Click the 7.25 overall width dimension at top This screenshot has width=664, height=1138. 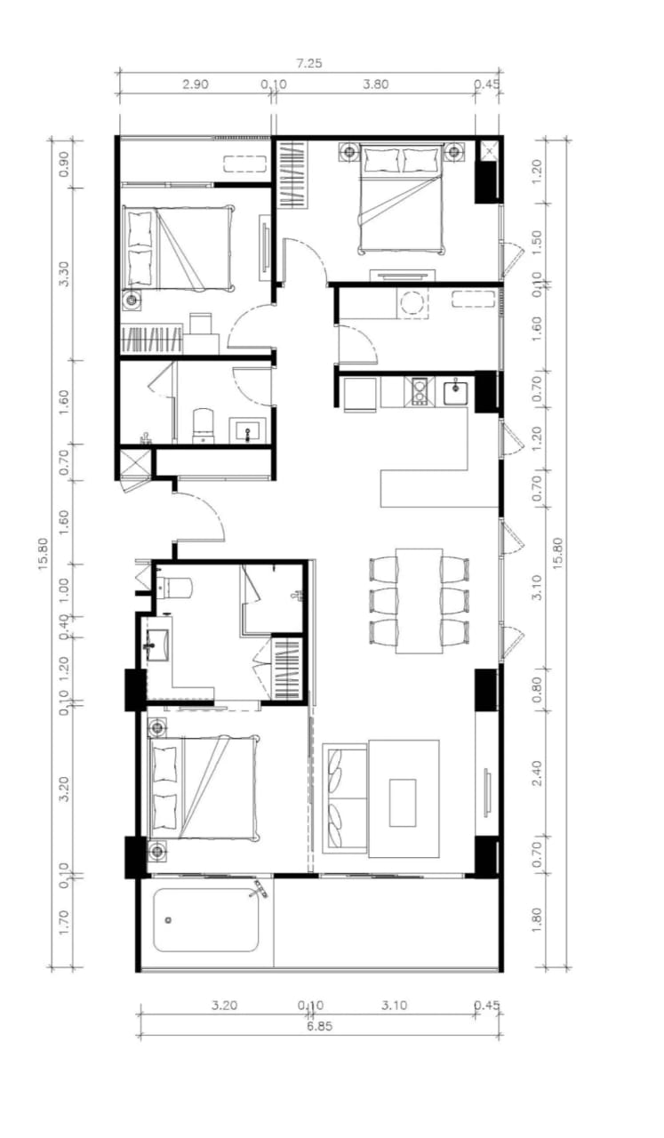click(x=309, y=63)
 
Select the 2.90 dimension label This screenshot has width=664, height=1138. click(x=196, y=84)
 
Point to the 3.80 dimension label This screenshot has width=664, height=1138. click(x=375, y=84)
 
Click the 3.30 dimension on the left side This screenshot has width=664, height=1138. click(x=64, y=274)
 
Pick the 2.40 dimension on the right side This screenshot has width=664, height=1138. click(x=537, y=773)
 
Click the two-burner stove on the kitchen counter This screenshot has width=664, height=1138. click(x=420, y=392)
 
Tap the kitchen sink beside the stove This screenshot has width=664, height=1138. click(x=455, y=392)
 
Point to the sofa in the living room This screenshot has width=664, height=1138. click(x=345, y=797)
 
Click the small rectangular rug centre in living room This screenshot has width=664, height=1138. click(x=403, y=802)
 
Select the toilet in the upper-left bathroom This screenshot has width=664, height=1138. click(x=204, y=426)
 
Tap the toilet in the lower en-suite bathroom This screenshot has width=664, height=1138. click(x=173, y=588)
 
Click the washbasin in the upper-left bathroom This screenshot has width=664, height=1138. click(x=247, y=430)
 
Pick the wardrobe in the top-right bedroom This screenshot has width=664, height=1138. click(x=293, y=173)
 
